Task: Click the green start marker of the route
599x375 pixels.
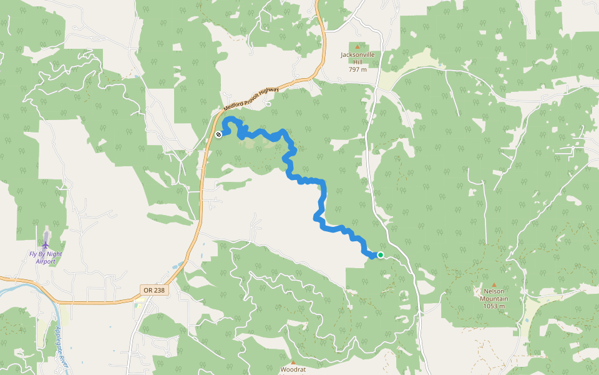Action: (x=380, y=255)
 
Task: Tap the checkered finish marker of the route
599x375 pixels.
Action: (x=218, y=134)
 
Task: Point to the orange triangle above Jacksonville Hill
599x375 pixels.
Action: (x=358, y=46)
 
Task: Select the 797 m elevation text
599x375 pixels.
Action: (x=358, y=69)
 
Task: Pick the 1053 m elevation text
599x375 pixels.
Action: (x=494, y=306)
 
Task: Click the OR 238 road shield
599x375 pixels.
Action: (x=154, y=291)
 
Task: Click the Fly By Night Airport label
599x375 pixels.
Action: (x=46, y=257)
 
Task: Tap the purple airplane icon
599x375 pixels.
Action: (x=46, y=239)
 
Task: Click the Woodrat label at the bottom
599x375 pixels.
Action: (x=293, y=369)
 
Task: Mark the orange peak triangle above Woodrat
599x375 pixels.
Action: (x=293, y=361)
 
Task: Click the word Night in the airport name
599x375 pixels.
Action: (x=54, y=254)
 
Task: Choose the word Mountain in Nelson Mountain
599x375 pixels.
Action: (x=494, y=299)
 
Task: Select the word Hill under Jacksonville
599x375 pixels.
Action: (x=358, y=62)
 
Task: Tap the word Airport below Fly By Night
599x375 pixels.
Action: (x=46, y=261)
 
